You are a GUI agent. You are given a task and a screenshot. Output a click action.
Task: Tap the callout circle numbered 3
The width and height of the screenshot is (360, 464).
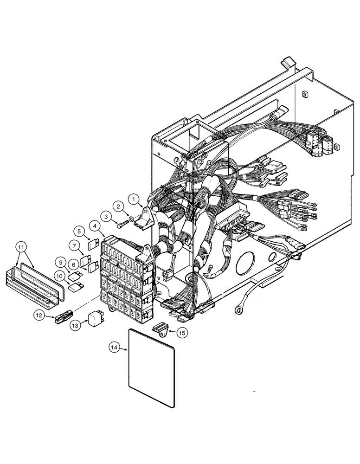point(107,217)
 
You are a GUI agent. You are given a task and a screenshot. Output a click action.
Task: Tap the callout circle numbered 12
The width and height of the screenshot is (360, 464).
point(40,316)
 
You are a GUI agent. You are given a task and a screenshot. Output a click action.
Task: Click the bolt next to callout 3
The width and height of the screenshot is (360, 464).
point(121,225)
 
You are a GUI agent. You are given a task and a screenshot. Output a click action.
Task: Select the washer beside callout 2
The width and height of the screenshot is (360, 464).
point(132,218)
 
